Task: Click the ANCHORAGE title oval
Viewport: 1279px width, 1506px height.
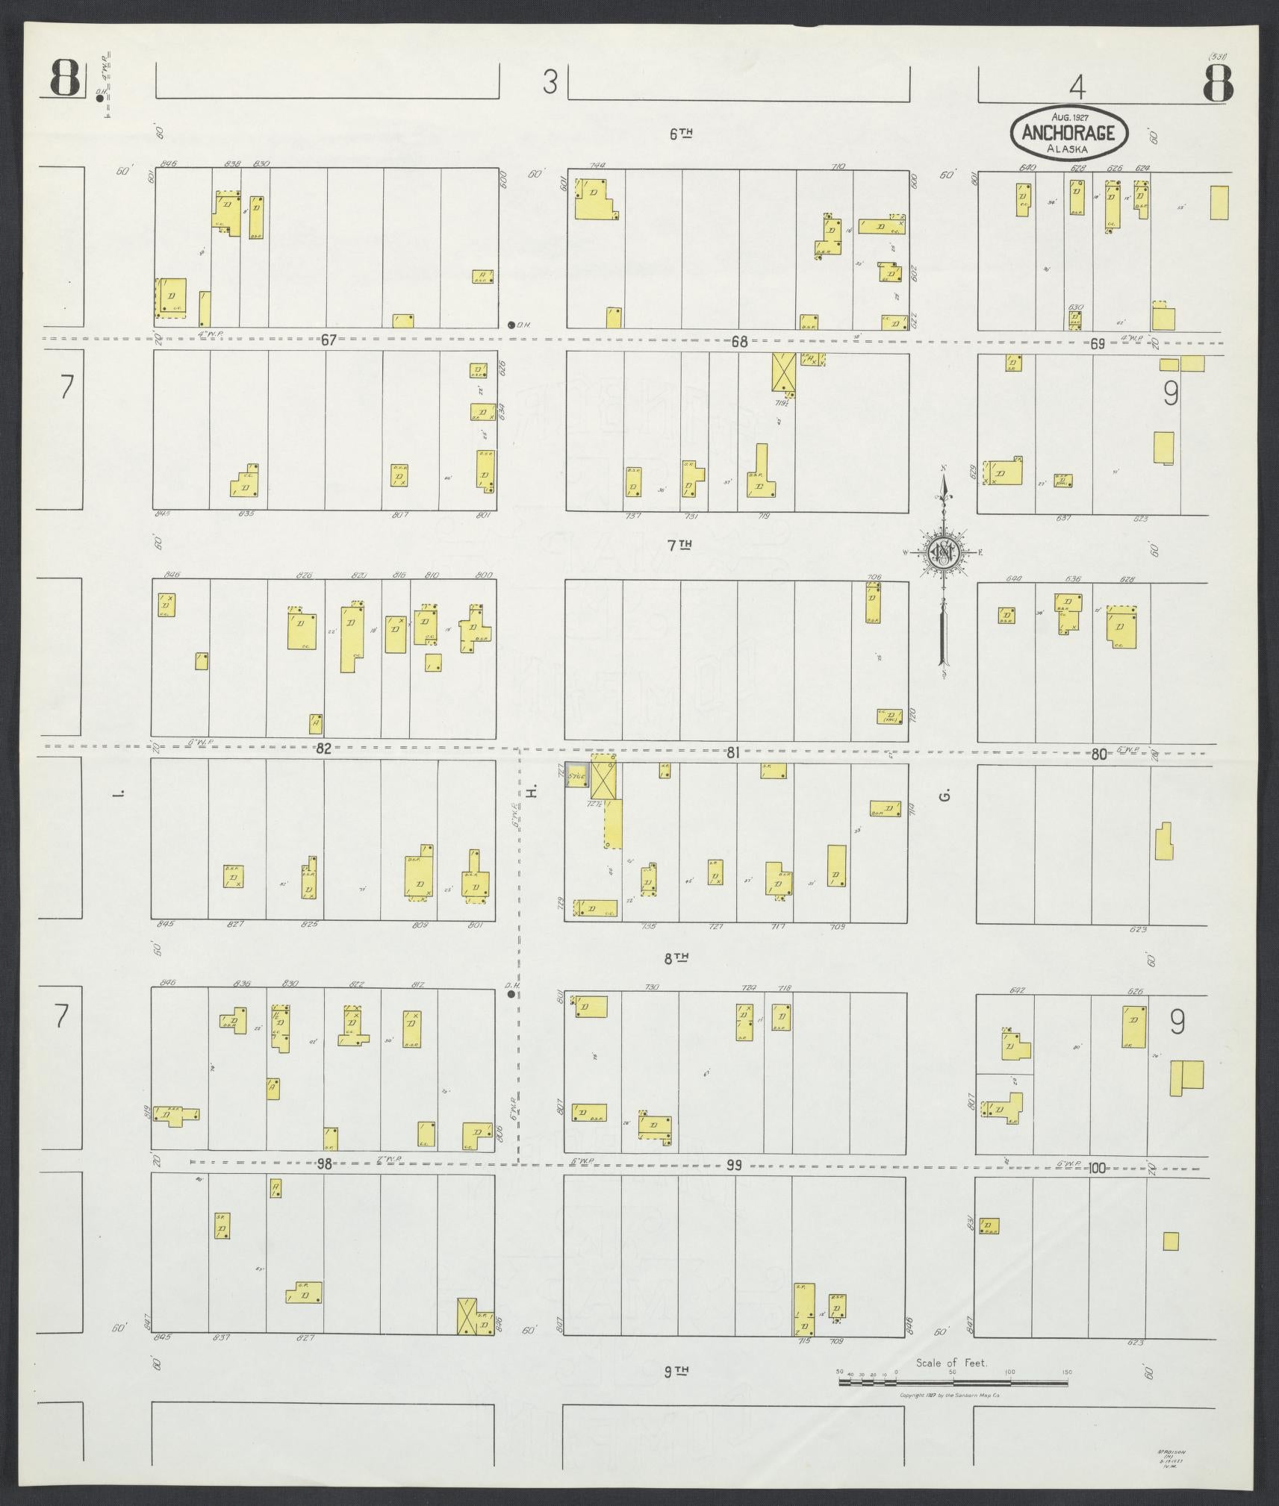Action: tap(1068, 133)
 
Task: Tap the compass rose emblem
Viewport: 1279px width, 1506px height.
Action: tap(944, 552)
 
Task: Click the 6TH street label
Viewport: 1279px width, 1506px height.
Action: tap(680, 134)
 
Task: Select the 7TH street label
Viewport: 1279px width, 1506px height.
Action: tap(680, 546)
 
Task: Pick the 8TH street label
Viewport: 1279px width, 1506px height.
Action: tap(676, 957)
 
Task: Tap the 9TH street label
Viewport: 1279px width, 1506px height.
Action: tap(676, 1371)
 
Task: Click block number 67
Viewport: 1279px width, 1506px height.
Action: tap(329, 340)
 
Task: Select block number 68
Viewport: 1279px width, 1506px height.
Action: tap(739, 342)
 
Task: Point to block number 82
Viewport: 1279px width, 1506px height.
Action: tap(323, 749)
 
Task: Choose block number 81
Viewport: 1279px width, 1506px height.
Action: tap(732, 754)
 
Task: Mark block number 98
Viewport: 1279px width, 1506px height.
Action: tap(323, 1164)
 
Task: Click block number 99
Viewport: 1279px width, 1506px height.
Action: tap(734, 1165)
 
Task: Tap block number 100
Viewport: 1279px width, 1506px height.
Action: tap(1097, 1168)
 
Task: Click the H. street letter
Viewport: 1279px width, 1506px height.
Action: tap(532, 793)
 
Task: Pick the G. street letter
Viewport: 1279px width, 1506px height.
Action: tap(945, 796)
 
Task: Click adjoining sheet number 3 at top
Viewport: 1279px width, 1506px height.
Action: tap(550, 81)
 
